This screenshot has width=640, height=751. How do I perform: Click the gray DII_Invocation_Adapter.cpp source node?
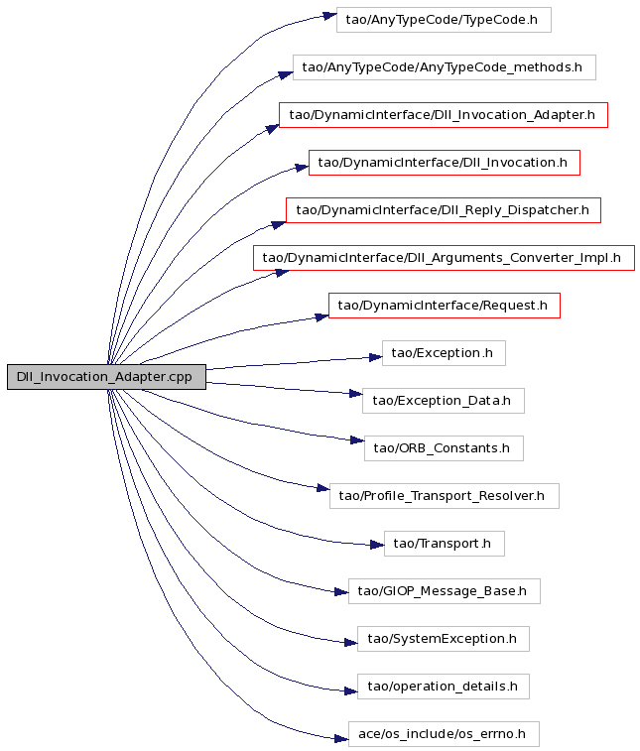(x=106, y=377)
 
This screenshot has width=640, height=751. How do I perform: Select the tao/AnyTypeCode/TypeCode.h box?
(x=444, y=20)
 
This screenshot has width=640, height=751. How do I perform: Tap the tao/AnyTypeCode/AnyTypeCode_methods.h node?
(x=445, y=67)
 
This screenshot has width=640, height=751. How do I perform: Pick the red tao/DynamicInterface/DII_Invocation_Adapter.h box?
(x=444, y=115)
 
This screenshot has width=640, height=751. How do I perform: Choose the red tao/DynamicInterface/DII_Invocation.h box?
(x=445, y=163)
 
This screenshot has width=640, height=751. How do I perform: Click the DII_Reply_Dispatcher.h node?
(x=444, y=210)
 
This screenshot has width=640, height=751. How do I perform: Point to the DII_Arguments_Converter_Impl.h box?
(x=444, y=258)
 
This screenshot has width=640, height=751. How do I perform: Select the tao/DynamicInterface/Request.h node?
(x=445, y=306)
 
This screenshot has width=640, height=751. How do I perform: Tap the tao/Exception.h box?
(x=444, y=353)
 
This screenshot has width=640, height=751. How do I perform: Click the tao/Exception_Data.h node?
(x=444, y=401)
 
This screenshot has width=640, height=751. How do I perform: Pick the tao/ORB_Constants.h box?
(x=444, y=448)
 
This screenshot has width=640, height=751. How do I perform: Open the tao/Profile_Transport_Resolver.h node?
(x=445, y=496)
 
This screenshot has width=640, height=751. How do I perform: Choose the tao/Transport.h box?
(x=445, y=544)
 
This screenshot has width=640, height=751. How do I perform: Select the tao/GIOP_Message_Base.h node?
(x=445, y=591)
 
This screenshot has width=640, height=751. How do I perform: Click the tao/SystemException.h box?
(x=444, y=639)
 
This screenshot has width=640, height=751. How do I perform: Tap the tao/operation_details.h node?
(x=444, y=687)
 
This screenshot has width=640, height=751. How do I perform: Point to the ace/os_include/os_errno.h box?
(x=444, y=734)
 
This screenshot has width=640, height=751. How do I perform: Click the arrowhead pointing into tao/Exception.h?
(x=376, y=357)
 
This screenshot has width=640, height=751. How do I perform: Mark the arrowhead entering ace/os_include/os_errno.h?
(x=341, y=738)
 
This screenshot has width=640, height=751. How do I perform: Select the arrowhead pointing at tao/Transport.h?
(x=377, y=545)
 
